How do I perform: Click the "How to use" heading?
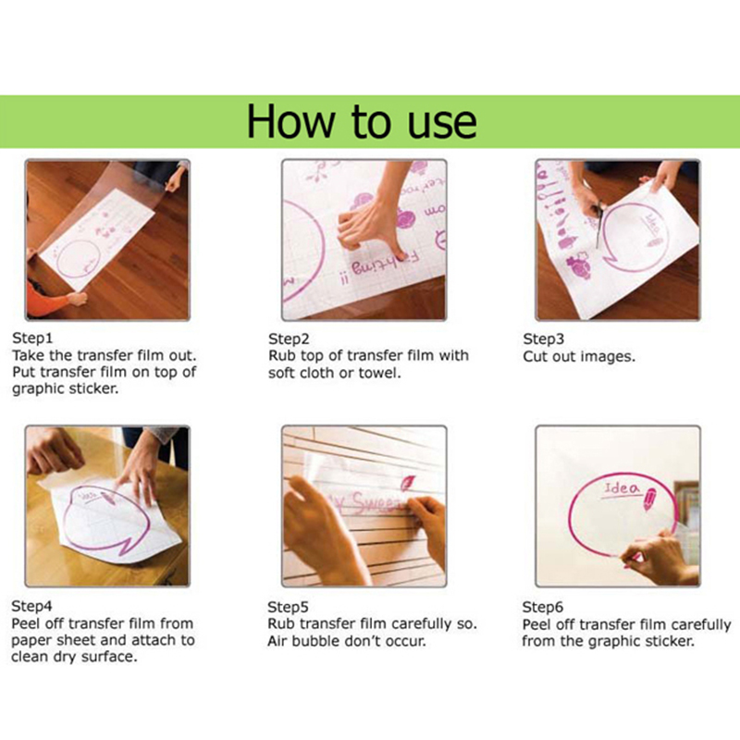click(x=362, y=122)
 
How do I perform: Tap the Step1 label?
click(x=32, y=338)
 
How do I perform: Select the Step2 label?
click(x=289, y=339)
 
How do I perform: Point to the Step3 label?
click(x=543, y=339)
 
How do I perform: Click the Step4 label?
click(x=31, y=606)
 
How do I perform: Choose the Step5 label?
click(x=288, y=607)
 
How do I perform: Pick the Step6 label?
click(x=543, y=607)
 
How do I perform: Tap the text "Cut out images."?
click(x=579, y=356)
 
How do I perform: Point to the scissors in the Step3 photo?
click(x=598, y=222)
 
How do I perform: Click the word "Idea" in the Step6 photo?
click(x=621, y=488)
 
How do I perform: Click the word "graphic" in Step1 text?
click(x=39, y=389)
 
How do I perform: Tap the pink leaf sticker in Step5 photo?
click(x=407, y=482)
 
